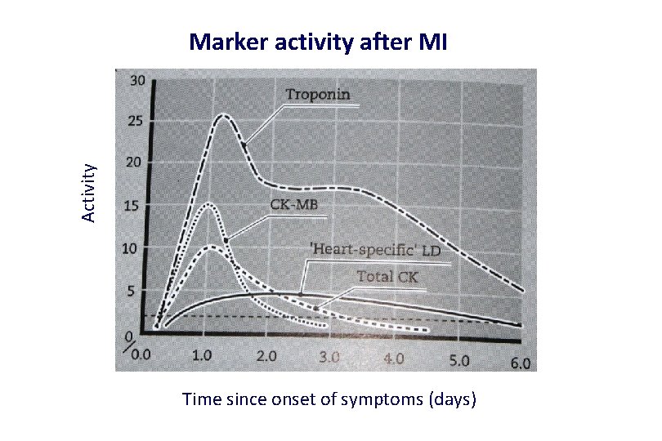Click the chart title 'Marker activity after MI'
[318, 42]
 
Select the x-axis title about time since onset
[329, 399]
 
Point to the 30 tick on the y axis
[137, 80]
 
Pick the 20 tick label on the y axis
[133, 163]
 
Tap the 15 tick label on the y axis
[132, 205]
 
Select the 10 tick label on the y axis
[130, 247]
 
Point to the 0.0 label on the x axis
[141, 355]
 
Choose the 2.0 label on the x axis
[266, 357]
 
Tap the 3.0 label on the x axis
[329, 358]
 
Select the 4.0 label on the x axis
[394, 359]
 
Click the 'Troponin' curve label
[318, 94]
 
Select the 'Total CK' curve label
[387, 277]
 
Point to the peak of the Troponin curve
[223, 115]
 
